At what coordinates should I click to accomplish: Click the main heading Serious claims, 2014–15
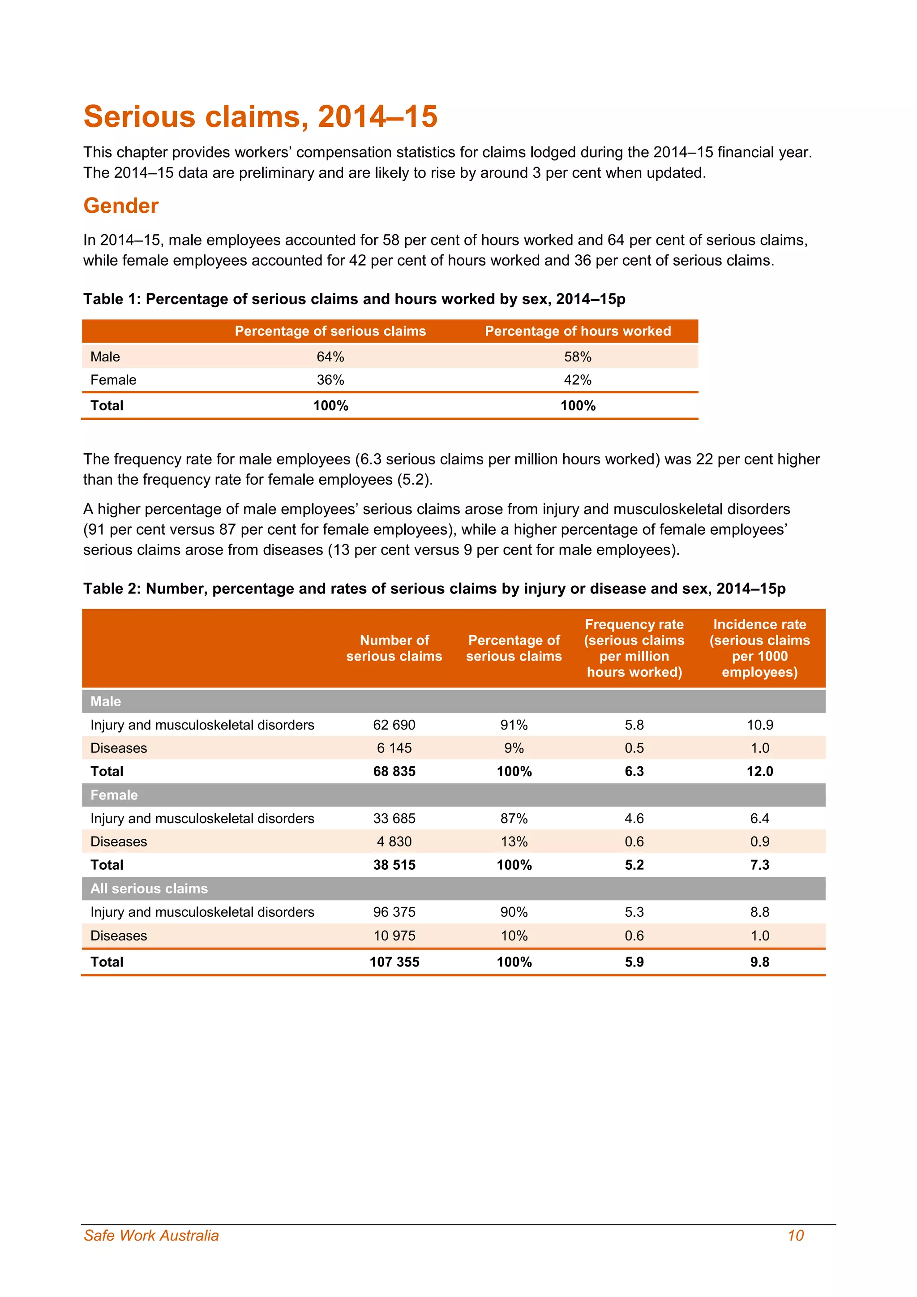260,116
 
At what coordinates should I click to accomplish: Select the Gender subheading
121,206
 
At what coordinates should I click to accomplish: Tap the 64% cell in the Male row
330,357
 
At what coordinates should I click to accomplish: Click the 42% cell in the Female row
577,380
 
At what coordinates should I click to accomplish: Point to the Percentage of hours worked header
578,331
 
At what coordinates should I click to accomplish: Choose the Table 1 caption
354,299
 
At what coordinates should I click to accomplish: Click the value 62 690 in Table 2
394,725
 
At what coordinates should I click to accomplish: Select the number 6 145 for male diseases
394,748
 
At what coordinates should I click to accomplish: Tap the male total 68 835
394,772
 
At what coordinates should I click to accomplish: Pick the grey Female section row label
114,795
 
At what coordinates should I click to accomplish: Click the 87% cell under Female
514,819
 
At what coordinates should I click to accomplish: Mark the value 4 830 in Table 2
394,842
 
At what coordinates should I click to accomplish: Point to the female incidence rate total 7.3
759,865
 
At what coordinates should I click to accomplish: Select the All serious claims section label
149,889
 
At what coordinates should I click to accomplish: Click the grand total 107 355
394,962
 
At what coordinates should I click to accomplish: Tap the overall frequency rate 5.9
634,962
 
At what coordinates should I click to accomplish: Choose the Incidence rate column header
759,648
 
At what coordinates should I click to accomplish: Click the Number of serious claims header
394,648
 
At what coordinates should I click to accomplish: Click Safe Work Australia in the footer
151,1236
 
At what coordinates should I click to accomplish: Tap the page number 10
795,1236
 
